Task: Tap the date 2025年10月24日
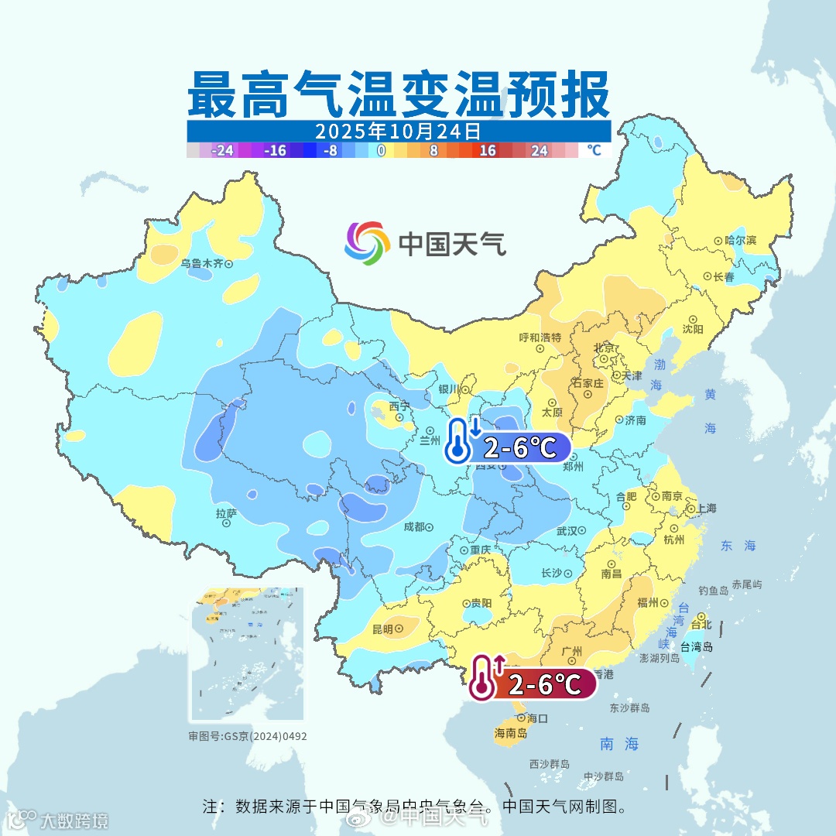[398, 130]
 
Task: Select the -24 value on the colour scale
[224, 151]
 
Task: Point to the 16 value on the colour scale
[487, 151]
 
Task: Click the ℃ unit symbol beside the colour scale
[593, 150]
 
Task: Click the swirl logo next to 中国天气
[367, 243]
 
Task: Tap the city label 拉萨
[226, 513]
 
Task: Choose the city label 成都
[414, 527]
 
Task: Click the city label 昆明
[382, 629]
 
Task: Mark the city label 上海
[706, 509]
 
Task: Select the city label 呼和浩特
[540, 337]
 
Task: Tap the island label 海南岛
[510, 732]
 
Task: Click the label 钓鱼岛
[713, 591]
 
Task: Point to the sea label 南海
[619, 744]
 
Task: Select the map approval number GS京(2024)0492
[247, 736]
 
